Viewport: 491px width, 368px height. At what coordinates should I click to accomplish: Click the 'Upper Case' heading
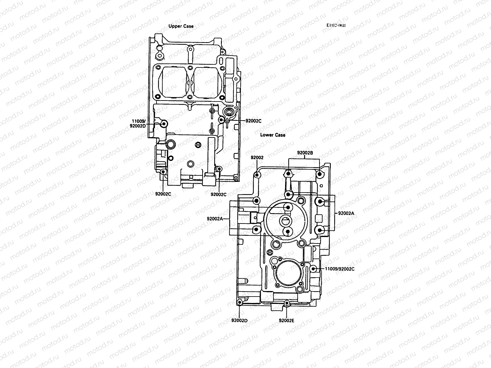coord(181,26)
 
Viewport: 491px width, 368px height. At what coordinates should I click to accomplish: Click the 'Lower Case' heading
coord(273,135)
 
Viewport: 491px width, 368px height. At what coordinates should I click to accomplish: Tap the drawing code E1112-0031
coord(336,26)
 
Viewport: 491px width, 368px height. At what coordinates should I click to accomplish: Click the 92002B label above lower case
coord(304,152)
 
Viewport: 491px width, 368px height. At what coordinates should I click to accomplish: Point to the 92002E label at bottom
coord(287,320)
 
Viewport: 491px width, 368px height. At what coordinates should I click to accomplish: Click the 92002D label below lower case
coord(240,320)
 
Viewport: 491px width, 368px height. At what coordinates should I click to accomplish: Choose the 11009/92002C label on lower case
coord(339,269)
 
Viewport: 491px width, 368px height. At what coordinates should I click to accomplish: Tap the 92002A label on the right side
coord(346,213)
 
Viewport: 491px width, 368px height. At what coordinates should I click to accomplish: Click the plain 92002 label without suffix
coord(257,158)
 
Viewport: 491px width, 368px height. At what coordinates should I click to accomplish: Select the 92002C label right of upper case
coord(253,121)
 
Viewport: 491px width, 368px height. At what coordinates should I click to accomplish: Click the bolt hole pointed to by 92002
coord(257,175)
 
